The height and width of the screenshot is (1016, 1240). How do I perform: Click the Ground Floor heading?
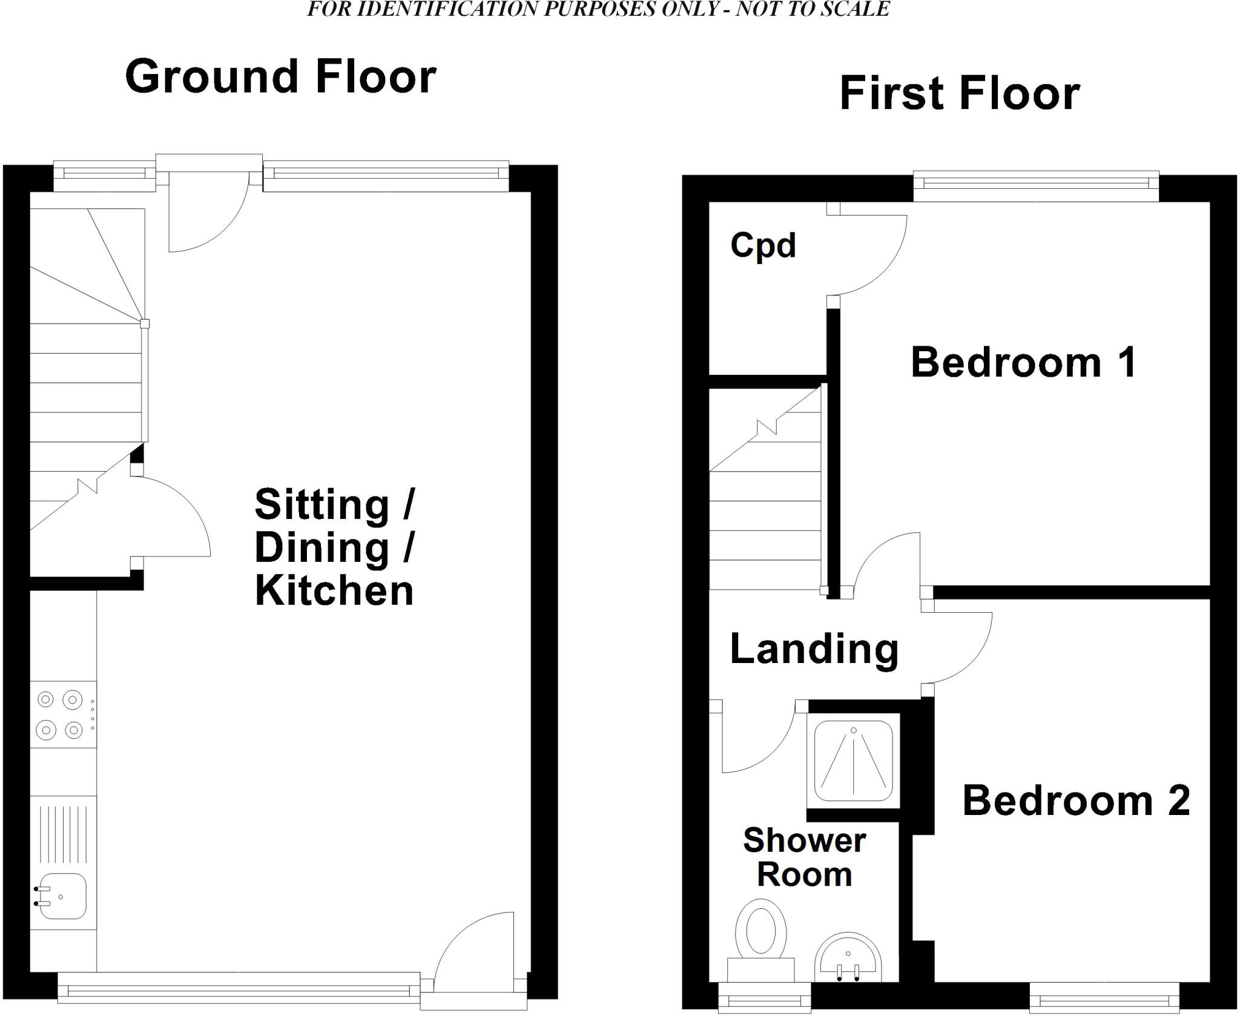pos(280,77)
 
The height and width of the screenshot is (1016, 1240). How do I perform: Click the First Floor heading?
pos(959,94)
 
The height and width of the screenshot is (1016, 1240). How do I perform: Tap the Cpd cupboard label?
pos(762,246)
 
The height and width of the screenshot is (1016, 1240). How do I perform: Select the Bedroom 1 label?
pos(1023,363)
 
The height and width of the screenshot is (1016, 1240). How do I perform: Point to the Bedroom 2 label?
pos(1076,800)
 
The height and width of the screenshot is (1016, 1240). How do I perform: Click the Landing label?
pos(814,649)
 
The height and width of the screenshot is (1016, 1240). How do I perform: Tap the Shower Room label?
pos(804,857)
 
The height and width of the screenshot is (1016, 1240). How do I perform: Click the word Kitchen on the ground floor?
pos(334,591)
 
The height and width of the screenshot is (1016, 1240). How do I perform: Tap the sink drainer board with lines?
pos(63,832)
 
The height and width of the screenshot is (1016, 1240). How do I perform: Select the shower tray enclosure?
pos(853,761)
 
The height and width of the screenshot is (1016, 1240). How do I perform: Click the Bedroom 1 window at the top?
pos(1035,186)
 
